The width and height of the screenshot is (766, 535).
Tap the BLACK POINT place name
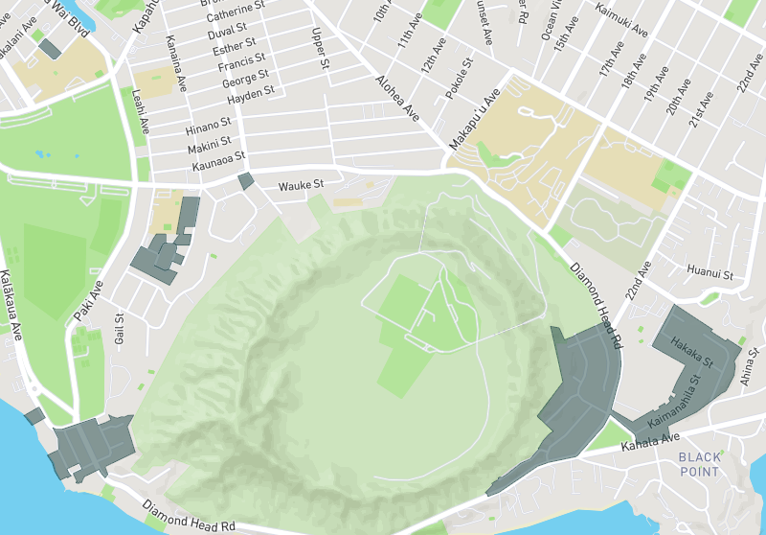[x=699, y=464]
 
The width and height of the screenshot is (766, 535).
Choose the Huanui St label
[x=710, y=274]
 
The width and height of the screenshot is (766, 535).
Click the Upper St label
[x=319, y=49]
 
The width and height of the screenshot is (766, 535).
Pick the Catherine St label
[x=236, y=12]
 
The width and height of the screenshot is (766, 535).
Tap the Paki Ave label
[x=87, y=300]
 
